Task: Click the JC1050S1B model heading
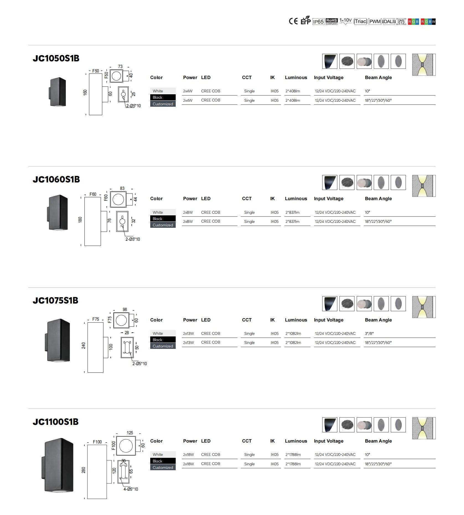[x=56, y=58]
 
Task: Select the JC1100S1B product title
[x=56, y=422]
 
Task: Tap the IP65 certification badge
[x=318, y=22]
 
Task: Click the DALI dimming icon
[x=389, y=22]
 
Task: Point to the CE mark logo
[x=293, y=21]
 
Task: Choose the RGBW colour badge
[x=428, y=22]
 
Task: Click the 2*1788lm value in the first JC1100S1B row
[x=293, y=454]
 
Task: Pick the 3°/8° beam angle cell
[x=369, y=333]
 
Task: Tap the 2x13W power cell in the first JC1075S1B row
[x=188, y=333]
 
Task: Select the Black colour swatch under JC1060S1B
[x=163, y=219]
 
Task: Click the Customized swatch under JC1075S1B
[x=163, y=346]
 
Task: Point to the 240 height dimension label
[x=84, y=346]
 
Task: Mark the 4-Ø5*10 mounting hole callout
[x=131, y=489]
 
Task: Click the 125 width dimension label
[x=130, y=433]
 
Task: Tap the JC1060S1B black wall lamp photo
[x=58, y=213]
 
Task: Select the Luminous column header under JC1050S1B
[x=296, y=78]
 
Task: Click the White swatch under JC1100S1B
[x=163, y=454]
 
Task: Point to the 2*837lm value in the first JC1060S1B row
[x=292, y=212]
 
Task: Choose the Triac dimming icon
[x=361, y=22]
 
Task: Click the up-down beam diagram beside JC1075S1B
[x=424, y=307]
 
